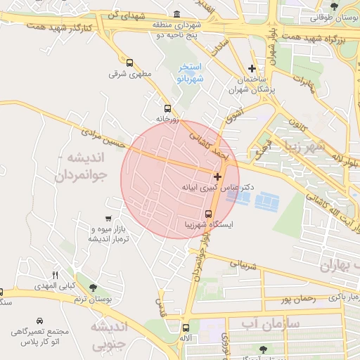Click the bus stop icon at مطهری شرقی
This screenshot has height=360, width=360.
click(129, 63)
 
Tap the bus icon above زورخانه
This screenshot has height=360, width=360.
click(167, 108)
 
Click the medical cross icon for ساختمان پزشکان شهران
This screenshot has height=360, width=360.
click(252, 68)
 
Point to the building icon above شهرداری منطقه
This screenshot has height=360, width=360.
click(176, 15)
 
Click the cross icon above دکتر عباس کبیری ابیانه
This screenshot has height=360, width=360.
click(217, 176)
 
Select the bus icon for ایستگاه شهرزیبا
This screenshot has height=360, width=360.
click(208, 214)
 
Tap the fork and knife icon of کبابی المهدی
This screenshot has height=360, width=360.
click(56, 274)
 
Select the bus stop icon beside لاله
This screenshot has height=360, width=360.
click(185, 327)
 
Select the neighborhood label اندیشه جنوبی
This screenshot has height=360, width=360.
click(110, 335)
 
